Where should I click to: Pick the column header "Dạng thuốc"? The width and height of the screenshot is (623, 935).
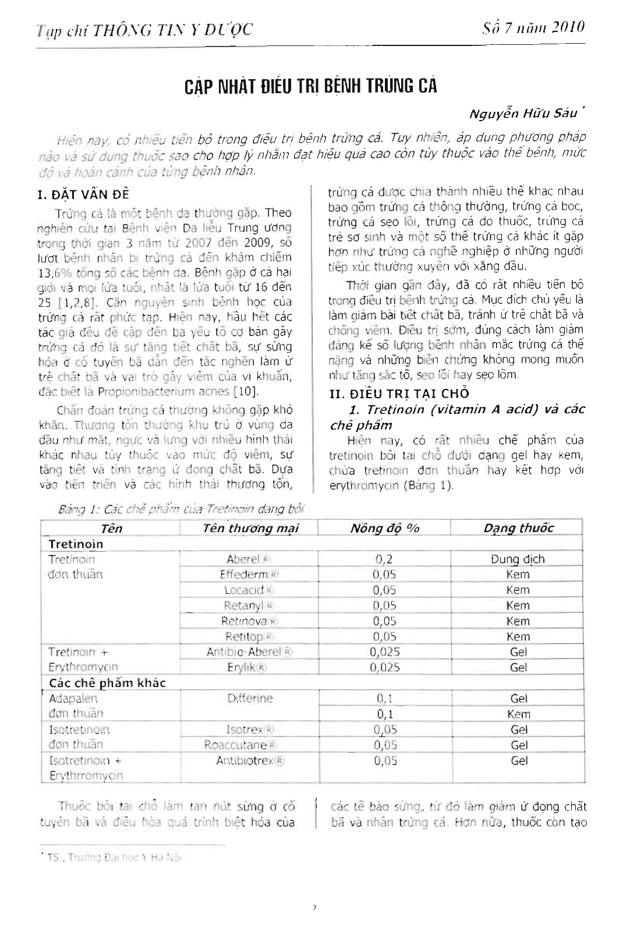(518, 528)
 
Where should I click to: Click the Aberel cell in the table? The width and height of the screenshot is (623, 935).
(247, 559)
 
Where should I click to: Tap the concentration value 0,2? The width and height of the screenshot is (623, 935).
(384, 559)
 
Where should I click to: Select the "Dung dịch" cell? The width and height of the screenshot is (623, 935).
(518, 559)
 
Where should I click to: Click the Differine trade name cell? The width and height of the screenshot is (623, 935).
(250, 698)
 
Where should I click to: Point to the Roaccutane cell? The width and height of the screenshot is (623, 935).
(240, 745)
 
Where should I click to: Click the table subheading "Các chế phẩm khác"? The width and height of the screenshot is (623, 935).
(107, 683)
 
